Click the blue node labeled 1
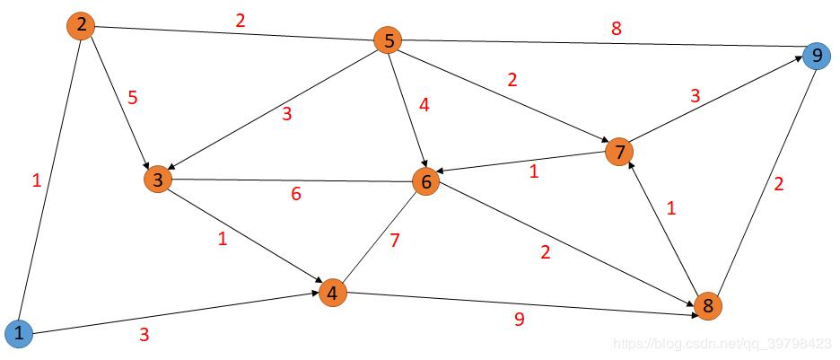(x=19, y=335)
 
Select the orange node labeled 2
(x=81, y=25)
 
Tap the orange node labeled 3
(x=157, y=180)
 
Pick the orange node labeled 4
(x=332, y=293)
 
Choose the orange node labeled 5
(x=389, y=40)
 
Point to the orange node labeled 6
(x=426, y=181)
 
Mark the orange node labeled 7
(x=618, y=151)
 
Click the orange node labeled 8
(x=707, y=306)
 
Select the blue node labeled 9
(x=816, y=57)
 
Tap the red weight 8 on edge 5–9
(x=616, y=28)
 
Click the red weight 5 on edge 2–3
(x=133, y=97)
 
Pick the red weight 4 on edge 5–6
(x=424, y=104)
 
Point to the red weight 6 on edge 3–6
(x=296, y=194)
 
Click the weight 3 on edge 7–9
(x=696, y=96)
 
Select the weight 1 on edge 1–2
(x=36, y=180)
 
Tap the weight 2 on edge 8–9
(x=779, y=185)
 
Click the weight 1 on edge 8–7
(x=670, y=208)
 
